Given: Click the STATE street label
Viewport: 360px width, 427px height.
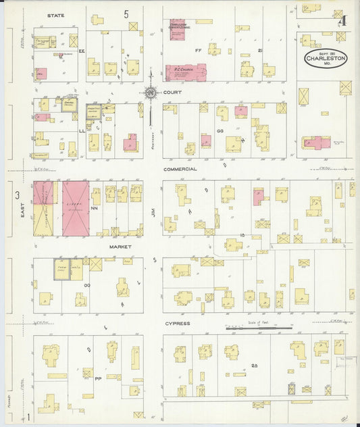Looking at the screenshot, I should click(55, 14).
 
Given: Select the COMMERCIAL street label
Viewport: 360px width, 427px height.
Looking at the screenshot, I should click(179, 169).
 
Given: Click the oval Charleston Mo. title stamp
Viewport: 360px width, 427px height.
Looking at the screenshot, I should click(325, 58).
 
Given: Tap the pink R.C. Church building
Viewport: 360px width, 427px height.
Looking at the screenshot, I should click(186, 72).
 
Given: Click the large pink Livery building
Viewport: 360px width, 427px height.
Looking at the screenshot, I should click(76, 208).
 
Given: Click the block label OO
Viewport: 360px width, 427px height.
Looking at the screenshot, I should click(86, 286).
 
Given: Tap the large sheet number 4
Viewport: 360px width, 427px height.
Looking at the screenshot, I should click(342, 20).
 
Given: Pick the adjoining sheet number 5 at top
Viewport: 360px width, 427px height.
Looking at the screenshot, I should click(126, 14).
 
